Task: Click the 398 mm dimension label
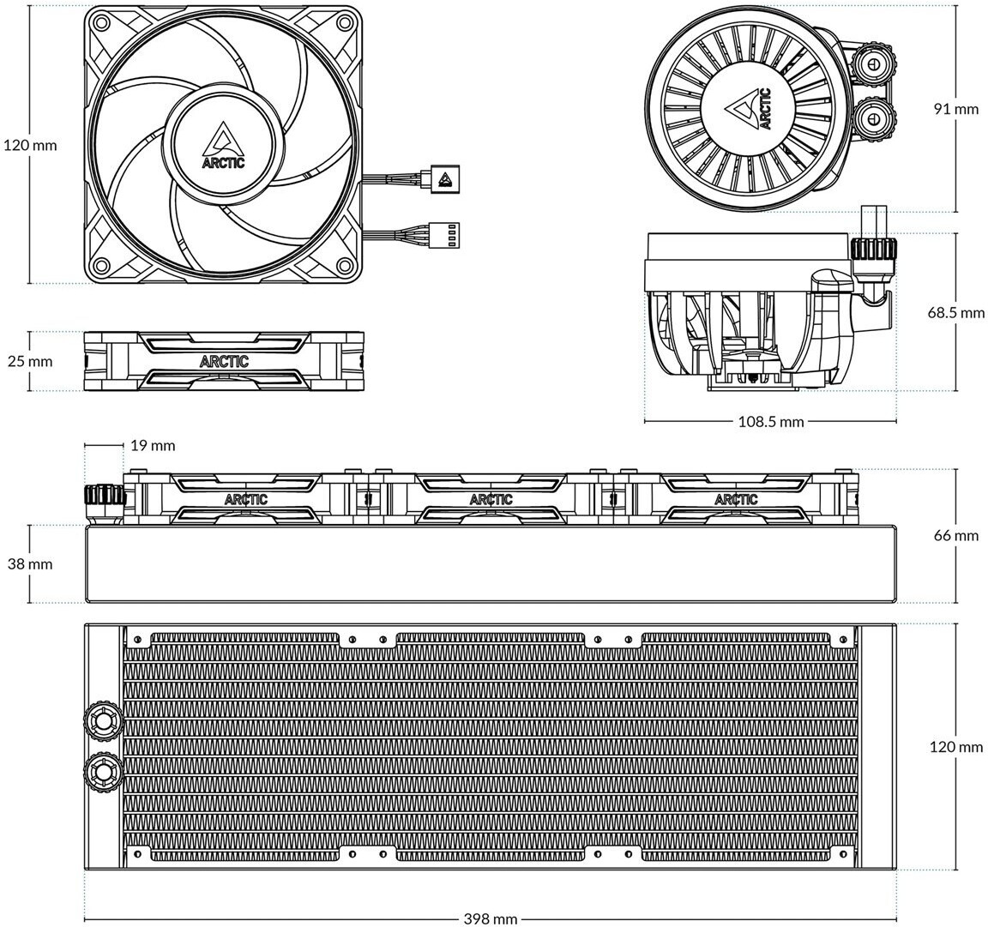coord(491,918)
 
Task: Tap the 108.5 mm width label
coord(771,422)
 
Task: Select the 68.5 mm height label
coord(955,312)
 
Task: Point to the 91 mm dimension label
coord(956,108)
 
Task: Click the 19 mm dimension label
coord(153,446)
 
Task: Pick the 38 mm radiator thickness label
coord(30,563)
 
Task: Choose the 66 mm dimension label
coord(956,535)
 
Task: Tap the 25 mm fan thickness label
coord(30,361)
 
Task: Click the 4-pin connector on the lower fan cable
coord(445,237)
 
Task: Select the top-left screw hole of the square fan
coord(99,22)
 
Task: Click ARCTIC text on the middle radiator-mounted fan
coord(491,499)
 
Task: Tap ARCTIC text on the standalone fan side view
coord(224,361)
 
